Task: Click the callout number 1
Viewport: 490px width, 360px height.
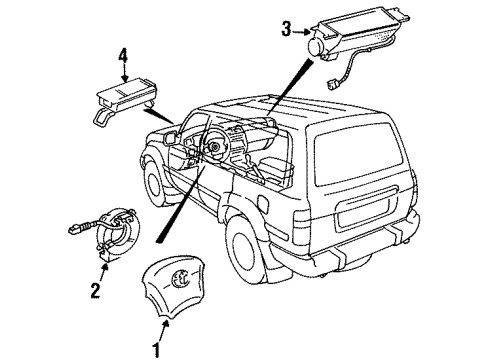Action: pyautogui.click(x=156, y=350)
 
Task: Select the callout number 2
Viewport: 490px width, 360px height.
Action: pyautogui.click(x=95, y=290)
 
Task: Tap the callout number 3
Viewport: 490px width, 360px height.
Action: pyautogui.click(x=286, y=29)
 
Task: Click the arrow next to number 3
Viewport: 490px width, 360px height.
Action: pyautogui.click(x=302, y=32)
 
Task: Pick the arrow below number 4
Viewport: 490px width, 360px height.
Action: pyautogui.click(x=125, y=73)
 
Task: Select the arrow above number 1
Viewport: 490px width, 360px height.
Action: pyautogui.click(x=164, y=330)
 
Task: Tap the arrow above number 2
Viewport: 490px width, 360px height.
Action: pyautogui.click(x=104, y=272)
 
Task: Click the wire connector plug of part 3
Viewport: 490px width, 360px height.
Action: pyautogui.click(x=332, y=85)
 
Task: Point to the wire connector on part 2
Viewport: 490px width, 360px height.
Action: pyautogui.click(x=77, y=228)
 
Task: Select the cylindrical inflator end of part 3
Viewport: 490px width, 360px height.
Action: pyautogui.click(x=315, y=47)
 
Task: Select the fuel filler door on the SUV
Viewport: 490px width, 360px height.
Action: pyautogui.click(x=263, y=204)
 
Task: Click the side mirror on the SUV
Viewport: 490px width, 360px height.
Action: pyautogui.click(x=171, y=137)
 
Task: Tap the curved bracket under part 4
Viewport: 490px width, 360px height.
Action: pyautogui.click(x=101, y=117)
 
